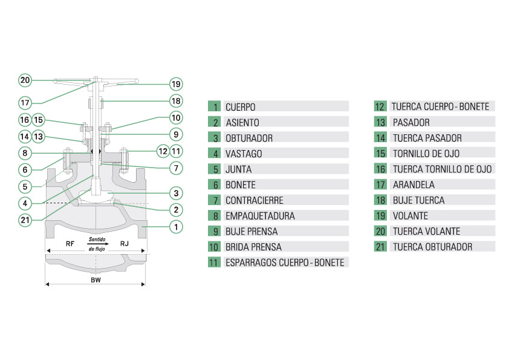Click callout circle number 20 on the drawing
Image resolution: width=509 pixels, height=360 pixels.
25,79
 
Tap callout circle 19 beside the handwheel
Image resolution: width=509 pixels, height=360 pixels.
175,84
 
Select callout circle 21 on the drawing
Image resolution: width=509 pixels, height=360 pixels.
25,220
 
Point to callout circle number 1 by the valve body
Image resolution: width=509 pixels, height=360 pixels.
175,227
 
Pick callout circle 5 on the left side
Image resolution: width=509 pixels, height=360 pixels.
25,186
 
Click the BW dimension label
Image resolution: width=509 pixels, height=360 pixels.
96,281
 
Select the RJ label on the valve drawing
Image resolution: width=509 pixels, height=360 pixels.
124,244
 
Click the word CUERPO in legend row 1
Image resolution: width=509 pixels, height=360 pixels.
241,107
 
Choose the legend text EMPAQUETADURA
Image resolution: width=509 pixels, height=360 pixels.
260,216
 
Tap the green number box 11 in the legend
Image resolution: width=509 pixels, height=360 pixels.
214,263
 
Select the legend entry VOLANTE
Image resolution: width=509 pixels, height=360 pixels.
410,216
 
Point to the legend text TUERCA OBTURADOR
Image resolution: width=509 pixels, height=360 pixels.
432,247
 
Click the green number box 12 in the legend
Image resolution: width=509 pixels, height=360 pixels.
380,106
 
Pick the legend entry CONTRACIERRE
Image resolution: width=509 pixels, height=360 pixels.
254,200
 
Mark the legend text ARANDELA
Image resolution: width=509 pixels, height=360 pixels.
413,185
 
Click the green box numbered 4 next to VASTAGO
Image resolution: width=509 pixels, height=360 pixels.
214,154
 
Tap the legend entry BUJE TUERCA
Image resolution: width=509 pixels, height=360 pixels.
418,200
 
